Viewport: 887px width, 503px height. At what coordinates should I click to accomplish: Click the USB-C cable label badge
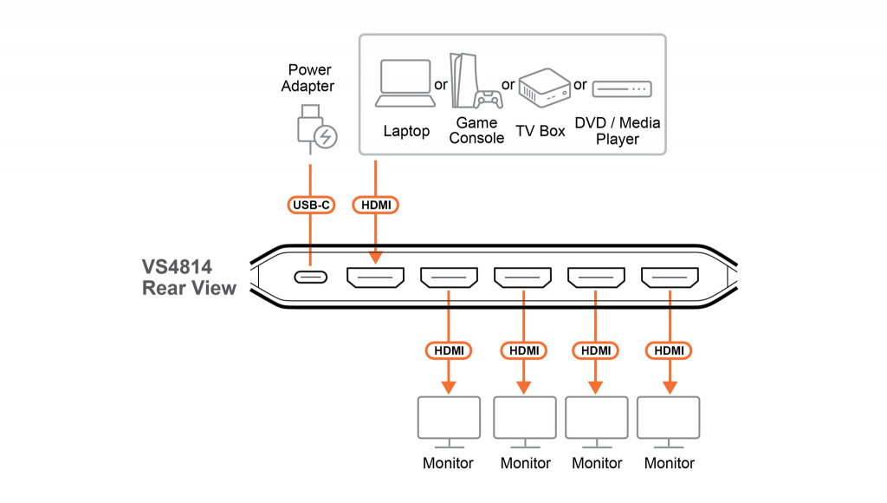click(310, 205)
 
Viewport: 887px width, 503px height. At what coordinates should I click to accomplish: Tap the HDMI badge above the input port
click(375, 205)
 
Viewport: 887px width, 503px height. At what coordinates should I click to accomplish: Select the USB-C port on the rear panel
click(310, 278)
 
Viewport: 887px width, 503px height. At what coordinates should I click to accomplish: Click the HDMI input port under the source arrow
click(375, 278)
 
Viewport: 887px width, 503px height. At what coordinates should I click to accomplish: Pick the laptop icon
click(405, 83)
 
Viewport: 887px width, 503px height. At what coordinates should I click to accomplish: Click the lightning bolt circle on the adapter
click(327, 137)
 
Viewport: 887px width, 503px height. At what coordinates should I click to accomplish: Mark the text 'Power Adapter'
click(311, 78)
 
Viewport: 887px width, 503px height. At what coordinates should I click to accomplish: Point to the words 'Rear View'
click(189, 289)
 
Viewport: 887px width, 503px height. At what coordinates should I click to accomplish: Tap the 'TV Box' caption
click(541, 131)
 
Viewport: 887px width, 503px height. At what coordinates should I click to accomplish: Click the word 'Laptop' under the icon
click(406, 132)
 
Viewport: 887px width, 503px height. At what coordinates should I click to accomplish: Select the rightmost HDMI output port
click(670, 278)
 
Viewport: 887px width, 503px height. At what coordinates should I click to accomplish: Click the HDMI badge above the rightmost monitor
click(670, 350)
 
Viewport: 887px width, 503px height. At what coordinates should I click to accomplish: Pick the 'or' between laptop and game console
click(441, 85)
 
